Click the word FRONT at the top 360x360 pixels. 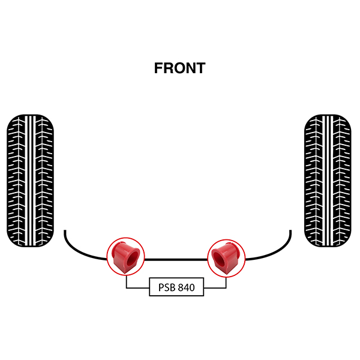(180, 68)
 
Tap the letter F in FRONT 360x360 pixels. (158, 68)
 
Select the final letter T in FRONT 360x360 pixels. (200, 68)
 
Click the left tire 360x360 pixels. (31, 181)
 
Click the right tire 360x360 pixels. (328, 181)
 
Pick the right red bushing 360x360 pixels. (226, 258)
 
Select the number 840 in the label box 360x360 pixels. (187, 287)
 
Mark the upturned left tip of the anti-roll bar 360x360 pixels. (65, 230)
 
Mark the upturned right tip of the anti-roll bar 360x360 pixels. (290, 230)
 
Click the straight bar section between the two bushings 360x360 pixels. (176, 259)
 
